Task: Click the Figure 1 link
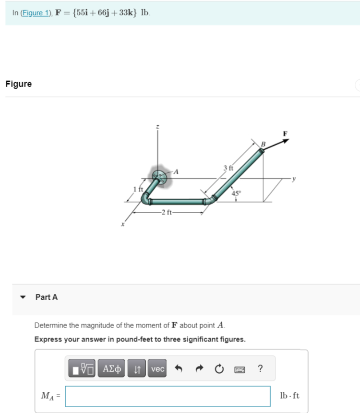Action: point(36,13)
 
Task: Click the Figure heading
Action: point(18,84)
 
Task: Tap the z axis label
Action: point(157,127)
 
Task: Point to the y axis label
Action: point(294,179)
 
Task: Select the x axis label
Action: point(122,224)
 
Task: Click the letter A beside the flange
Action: point(176,172)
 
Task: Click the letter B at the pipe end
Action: point(263,144)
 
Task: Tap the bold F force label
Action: point(285,134)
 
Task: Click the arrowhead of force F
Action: point(286,141)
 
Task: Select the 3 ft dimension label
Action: point(228,168)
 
